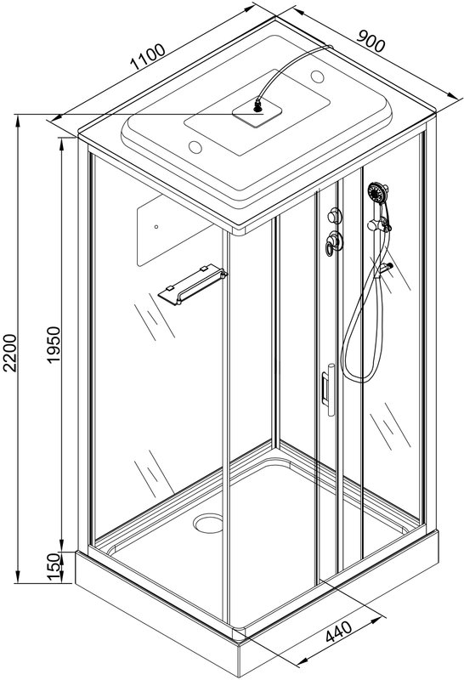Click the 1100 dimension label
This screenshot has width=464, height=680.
[x=148, y=57]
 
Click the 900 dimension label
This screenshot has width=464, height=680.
[x=371, y=41]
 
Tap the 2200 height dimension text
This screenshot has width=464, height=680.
[x=9, y=353]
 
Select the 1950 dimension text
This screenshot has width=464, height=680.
[x=54, y=345]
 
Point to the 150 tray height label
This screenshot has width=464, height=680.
[x=53, y=566]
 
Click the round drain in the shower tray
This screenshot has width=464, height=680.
[x=208, y=523]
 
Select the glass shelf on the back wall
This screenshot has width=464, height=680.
[x=192, y=284]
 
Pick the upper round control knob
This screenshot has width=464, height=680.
[x=335, y=215]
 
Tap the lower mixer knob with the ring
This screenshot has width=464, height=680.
[x=334, y=242]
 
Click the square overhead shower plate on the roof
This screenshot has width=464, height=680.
[x=257, y=112]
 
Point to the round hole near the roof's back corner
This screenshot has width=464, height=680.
[x=318, y=77]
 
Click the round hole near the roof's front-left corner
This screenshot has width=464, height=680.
[x=195, y=147]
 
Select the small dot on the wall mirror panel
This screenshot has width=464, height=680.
[x=156, y=226]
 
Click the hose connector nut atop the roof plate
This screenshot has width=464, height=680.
[x=258, y=106]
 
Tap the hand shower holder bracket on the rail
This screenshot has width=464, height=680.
[x=378, y=224]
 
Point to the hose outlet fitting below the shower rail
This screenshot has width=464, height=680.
[x=385, y=269]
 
